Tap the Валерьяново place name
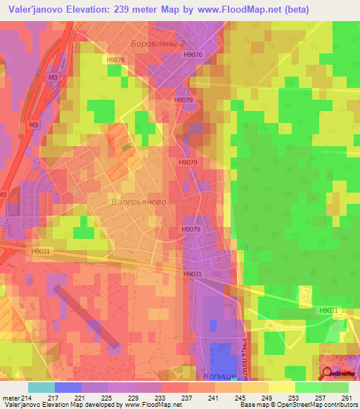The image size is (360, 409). pyautogui.click(x=138, y=201)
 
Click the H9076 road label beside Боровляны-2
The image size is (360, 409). pyautogui.click(x=193, y=53)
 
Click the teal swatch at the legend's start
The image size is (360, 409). pyautogui.click(x=41, y=387)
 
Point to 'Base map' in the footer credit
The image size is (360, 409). pyautogui.click(x=253, y=405)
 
